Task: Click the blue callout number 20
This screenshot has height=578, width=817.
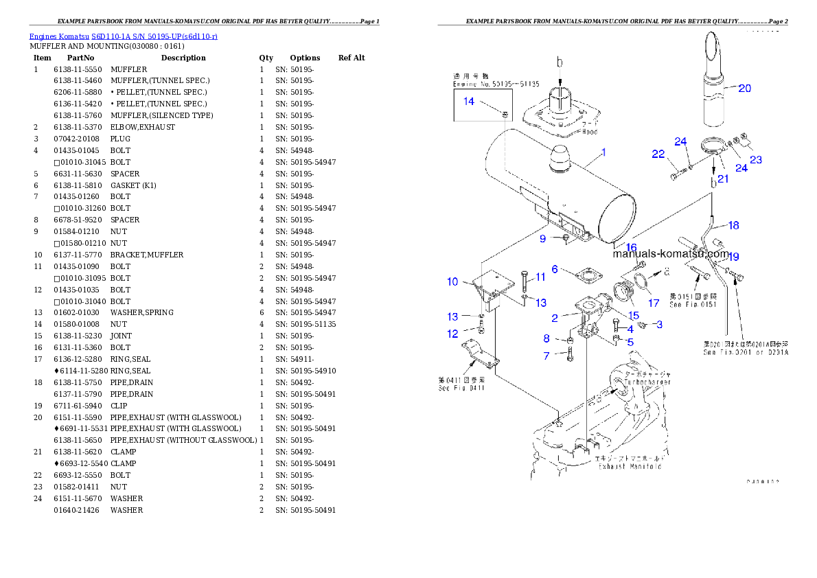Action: point(744,88)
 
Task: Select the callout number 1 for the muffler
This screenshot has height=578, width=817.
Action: point(603,152)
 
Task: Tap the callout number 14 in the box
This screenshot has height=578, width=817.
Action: point(468,102)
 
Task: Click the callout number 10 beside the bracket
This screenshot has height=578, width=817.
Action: point(452,281)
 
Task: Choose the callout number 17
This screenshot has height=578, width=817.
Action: point(654,303)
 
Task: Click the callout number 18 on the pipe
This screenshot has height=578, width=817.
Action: point(733,225)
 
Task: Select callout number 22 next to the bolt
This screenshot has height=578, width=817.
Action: point(658,154)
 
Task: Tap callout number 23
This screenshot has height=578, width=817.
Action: point(756,160)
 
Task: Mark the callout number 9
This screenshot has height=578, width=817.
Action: point(542,239)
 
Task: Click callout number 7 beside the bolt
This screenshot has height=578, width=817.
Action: point(546,356)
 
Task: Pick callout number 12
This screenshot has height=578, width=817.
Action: point(452,334)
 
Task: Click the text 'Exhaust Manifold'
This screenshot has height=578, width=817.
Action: point(630,466)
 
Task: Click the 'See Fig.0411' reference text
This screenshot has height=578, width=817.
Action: point(461,389)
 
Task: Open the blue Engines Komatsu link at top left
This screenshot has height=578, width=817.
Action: point(123,36)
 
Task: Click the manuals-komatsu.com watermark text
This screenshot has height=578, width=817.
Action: point(669,253)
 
